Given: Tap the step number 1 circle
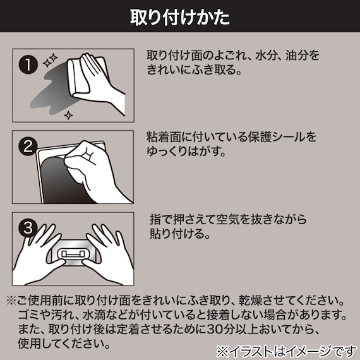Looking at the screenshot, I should [27, 64].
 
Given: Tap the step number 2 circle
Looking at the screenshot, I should [27, 146].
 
